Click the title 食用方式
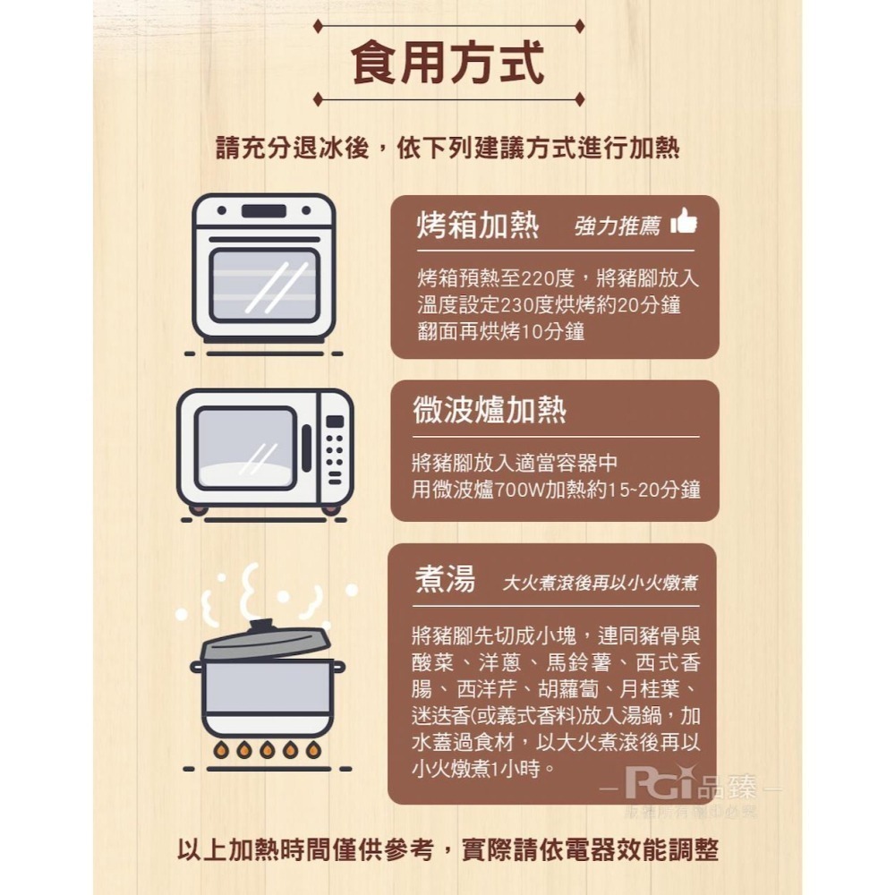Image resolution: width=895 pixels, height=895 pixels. click(447, 62)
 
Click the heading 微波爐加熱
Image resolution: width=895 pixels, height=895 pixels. click(490, 410)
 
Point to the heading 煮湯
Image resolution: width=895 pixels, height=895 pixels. click(445, 580)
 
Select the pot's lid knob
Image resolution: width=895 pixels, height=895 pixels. click(260, 624)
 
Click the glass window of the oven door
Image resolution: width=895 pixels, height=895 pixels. click(264, 286)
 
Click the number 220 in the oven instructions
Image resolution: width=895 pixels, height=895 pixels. click(541, 279)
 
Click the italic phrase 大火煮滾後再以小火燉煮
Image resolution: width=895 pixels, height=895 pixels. click(600, 584)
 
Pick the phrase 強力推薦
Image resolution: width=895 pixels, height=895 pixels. click(617, 227)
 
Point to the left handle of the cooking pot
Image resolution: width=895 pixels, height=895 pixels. click(197, 667)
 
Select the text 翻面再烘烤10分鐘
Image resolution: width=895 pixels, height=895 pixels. click(500, 331)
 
